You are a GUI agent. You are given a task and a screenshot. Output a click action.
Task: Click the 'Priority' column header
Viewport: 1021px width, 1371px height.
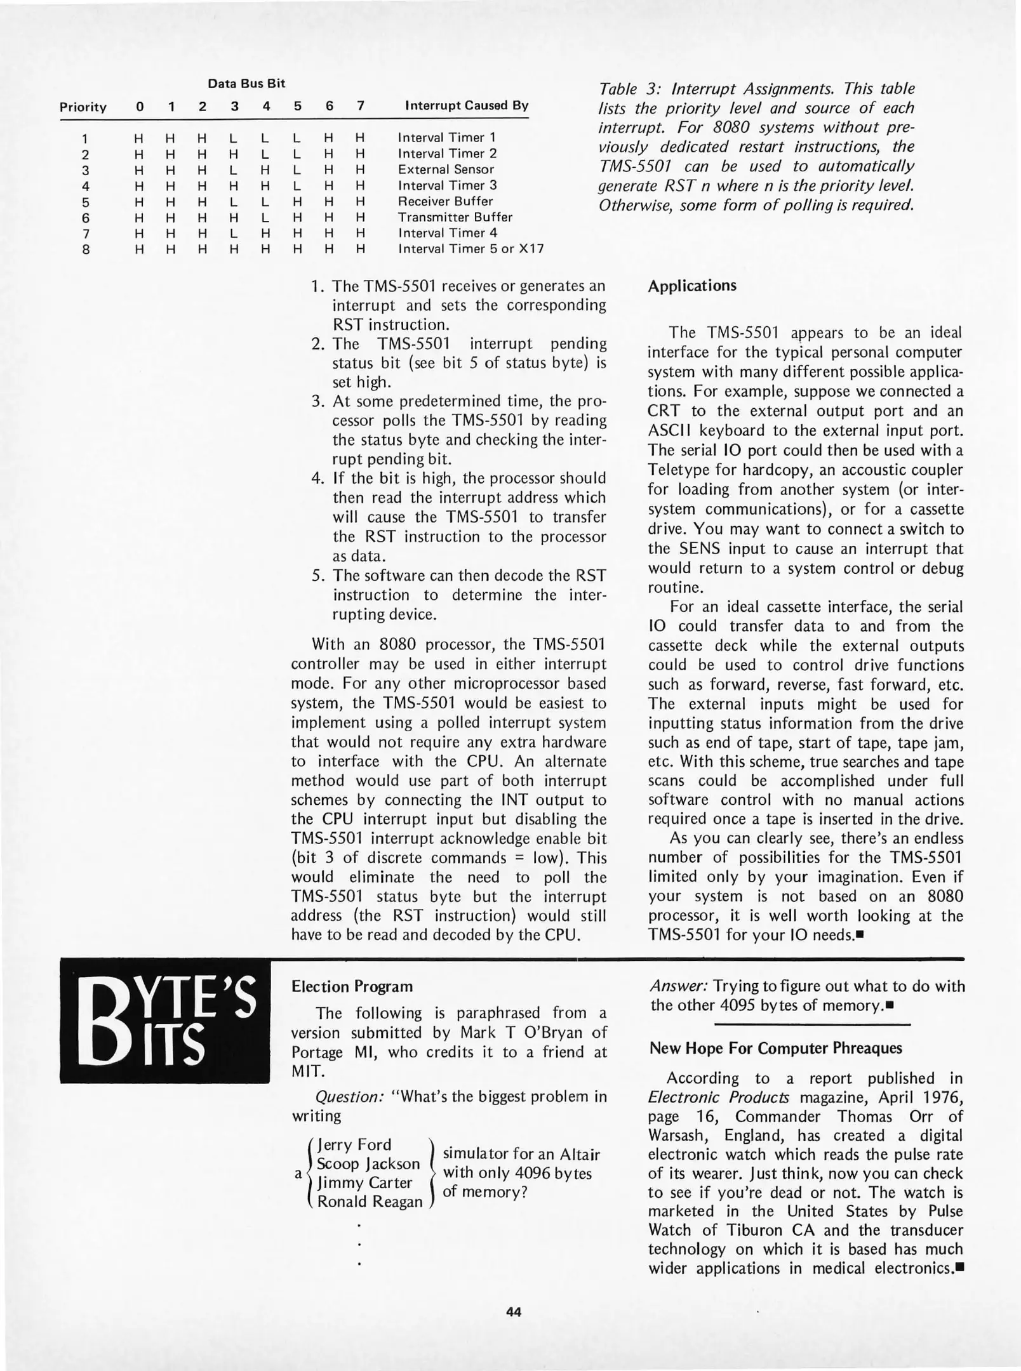coord(83,107)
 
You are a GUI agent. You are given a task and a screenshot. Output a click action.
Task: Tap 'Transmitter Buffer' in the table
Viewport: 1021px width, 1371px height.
coord(455,217)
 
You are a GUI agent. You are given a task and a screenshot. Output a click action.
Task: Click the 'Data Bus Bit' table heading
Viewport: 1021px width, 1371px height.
coord(246,83)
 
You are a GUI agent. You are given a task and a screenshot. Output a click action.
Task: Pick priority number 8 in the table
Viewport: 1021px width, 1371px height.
coord(86,249)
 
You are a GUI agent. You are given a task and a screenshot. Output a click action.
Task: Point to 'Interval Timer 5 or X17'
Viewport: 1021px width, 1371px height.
coord(470,249)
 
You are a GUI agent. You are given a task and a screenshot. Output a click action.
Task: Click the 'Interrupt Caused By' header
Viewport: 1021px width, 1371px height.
coord(467,105)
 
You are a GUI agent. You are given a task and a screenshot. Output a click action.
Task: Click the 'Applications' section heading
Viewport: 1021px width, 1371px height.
coord(692,286)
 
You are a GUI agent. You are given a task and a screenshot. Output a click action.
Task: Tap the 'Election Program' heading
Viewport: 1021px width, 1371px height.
coord(352,986)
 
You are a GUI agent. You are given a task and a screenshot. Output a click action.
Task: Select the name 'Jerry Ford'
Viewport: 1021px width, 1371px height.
coord(355,1144)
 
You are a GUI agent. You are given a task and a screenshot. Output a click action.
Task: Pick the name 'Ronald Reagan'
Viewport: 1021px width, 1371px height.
coord(370,1202)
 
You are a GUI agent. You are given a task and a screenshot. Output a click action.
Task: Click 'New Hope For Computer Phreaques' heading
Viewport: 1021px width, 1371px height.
coord(775,1048)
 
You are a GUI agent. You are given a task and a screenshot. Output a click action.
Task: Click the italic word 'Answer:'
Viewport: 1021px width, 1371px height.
coord(679,986)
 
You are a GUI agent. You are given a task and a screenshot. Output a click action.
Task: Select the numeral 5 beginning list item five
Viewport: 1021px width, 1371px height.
coord(317,576)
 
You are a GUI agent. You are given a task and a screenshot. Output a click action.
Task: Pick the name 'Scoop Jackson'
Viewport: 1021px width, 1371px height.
coord(368,1163)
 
